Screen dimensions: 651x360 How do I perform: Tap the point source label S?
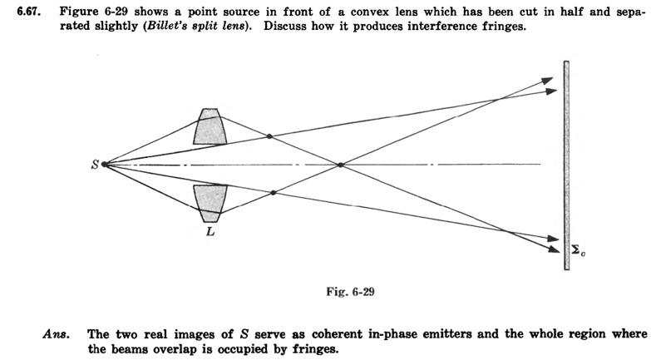[x=94, y=165]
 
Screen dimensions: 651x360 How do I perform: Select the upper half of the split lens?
[x=210, y=126]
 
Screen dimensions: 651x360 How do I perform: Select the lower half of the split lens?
[x=210, y=201]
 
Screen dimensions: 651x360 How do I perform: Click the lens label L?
[x=210, y=232]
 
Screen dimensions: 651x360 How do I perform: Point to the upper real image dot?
[x=269, y=136]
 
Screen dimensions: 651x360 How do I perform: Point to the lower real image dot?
[x=273, y=192]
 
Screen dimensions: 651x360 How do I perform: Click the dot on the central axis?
[x=340, y=165]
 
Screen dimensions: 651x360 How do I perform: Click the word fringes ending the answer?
[x=318, y=348]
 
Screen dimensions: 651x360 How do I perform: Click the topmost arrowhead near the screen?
[x=546, y=80]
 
